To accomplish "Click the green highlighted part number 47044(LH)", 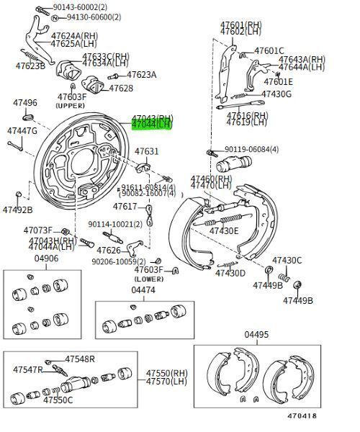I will click(x=151, y=125).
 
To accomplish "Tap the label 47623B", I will click(x=30, y=66).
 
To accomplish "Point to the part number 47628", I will click(x=121, y=89).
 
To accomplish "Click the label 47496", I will click(x=24, y=103).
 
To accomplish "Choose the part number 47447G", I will click(x=22, y=131).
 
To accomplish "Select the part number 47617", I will click(x=124, y=206).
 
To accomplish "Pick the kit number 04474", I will click(x=143, y=290).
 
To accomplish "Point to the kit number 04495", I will click(x=256, y=335).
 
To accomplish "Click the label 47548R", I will click(x=80, y=359).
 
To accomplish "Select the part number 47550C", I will click(x=58, y=400).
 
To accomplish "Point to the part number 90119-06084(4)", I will click(x=251, y=149).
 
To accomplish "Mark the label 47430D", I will click(x=230, y=273).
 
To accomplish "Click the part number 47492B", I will click(x=17, y=210).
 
